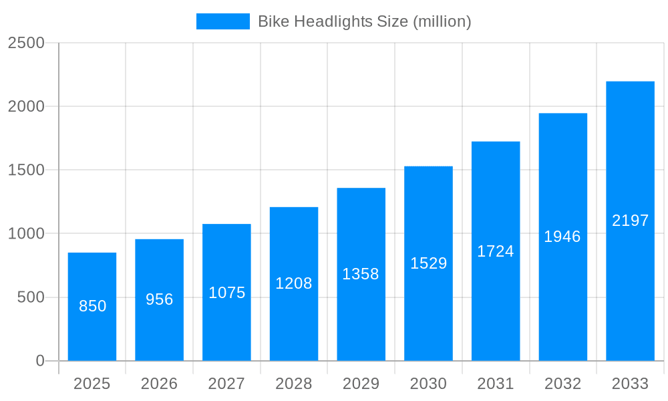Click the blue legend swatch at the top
coord(222,21)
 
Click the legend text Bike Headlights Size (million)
coord(364,21)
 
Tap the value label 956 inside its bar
coord(160,299)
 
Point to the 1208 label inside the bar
coord(294,283)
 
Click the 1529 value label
coord(428,263)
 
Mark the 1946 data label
coord(562,237)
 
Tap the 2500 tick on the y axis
coord(26,43)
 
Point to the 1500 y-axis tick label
coord(26,170)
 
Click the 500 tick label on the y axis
coord(31,297)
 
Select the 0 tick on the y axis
coord(39,361)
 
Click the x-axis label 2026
coord(160,384)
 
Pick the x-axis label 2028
coord(294,384)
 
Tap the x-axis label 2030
coord(428,384)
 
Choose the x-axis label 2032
coord(562,384)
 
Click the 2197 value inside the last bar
coord(630,221)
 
